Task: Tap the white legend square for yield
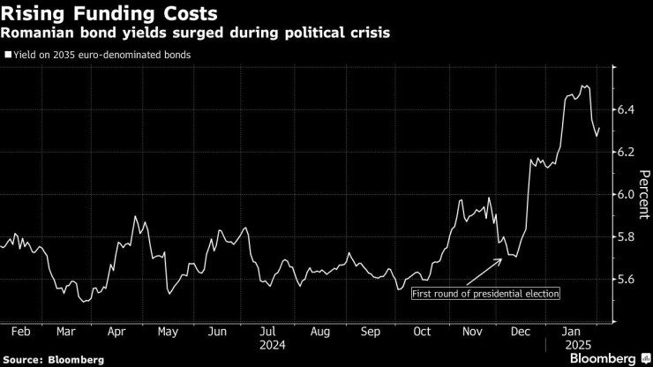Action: [7, 55]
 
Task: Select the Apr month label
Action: [116, 332]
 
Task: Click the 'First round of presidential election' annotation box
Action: [485, 293]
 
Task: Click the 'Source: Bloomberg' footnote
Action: [54, 359]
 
